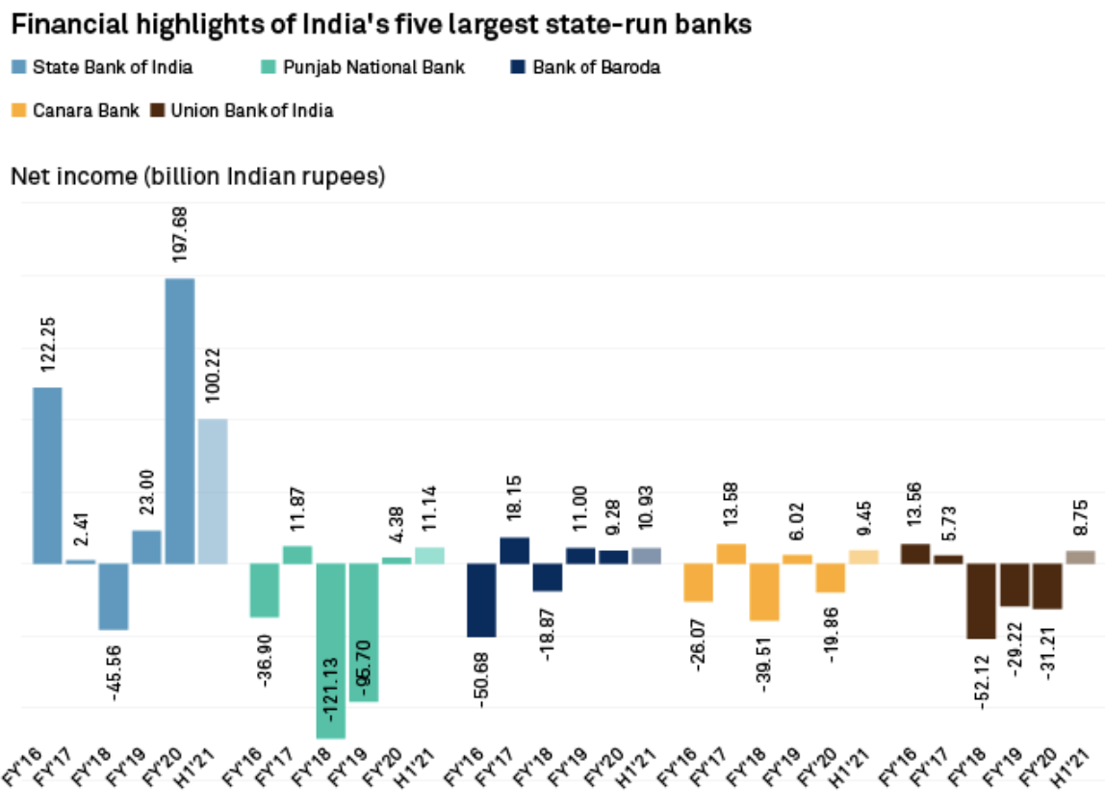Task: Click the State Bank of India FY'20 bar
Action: coord(180,421)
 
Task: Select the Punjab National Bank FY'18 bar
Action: coord(330,650)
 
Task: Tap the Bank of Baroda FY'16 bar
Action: coord(482,600)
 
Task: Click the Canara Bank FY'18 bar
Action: coord(765,591)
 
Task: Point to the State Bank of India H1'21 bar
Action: coord(213,491)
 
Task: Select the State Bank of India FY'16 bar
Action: coord(48,475)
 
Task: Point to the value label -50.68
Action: coord(481,678)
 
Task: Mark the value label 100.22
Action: coord(214,375)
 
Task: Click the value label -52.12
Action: coord(983,679)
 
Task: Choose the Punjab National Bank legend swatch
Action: coord(270,67)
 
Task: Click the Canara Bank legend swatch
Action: coord(18,111)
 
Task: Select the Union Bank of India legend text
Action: coord(252,111)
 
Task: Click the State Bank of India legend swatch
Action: coord(18,67)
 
